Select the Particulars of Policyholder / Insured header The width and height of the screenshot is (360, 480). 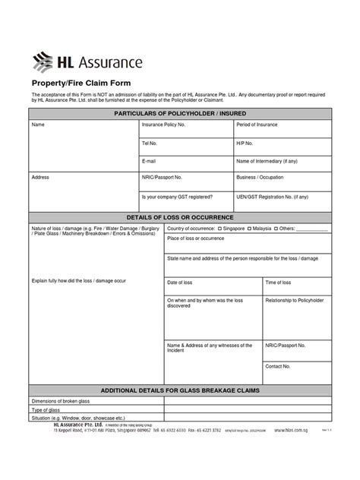[x=180, y=113]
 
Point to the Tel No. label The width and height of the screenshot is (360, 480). [x=150, y=143]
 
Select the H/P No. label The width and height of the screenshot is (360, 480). [x=245, y=143]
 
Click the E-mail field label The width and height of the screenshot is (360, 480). [x=149, y=161]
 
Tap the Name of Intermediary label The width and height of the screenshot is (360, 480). [x=267, y=161]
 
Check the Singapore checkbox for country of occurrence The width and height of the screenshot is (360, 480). [x=219, y=228]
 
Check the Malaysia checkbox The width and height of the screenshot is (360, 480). [x=249, y=228]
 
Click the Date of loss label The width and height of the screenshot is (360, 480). [x=180, y=283]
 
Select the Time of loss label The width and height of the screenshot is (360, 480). [x=278, y=283]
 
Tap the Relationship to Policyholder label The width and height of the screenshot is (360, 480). [x=294, y=300]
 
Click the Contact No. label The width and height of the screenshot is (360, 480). [x=278, y=366]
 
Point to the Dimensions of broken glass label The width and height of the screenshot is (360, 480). [x=61, y=401]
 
